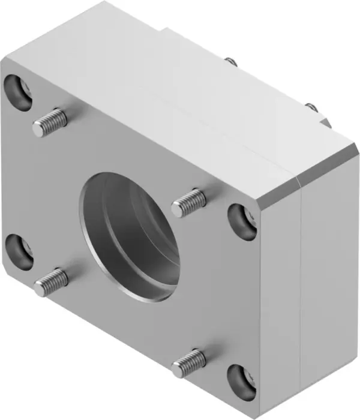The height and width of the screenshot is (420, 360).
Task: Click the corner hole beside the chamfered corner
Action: [x=241, y=220]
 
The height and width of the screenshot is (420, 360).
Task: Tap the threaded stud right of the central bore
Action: [x=188, y=203]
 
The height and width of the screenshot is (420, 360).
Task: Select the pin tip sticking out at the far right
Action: [x=311, y=107]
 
